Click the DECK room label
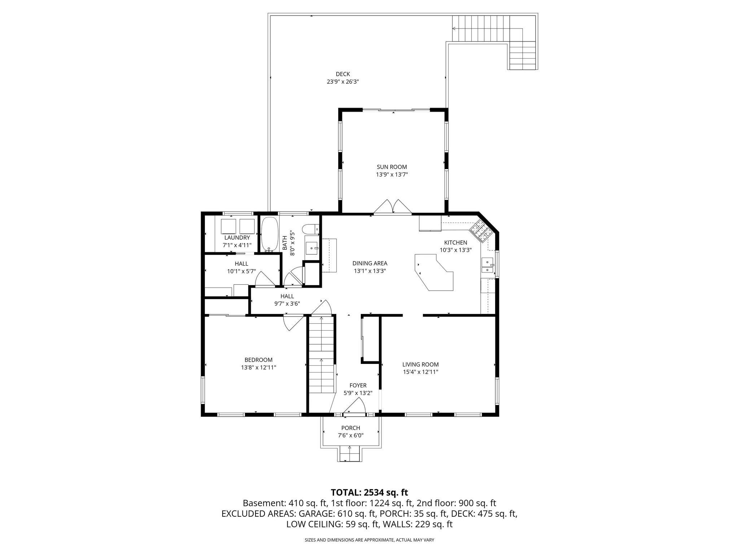point(342,74)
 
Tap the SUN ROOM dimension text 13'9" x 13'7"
point(392,175)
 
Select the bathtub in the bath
point(269,234)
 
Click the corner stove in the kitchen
point(481,230)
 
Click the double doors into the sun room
point(393,207)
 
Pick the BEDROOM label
point(258,360)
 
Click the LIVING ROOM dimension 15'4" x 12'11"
point(420,372)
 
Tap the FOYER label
point(358,386)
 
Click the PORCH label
point(350,428)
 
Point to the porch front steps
point(349,453)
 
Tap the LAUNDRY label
point(237,237)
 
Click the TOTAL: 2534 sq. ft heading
point(369,492)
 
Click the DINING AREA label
point(369,263)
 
